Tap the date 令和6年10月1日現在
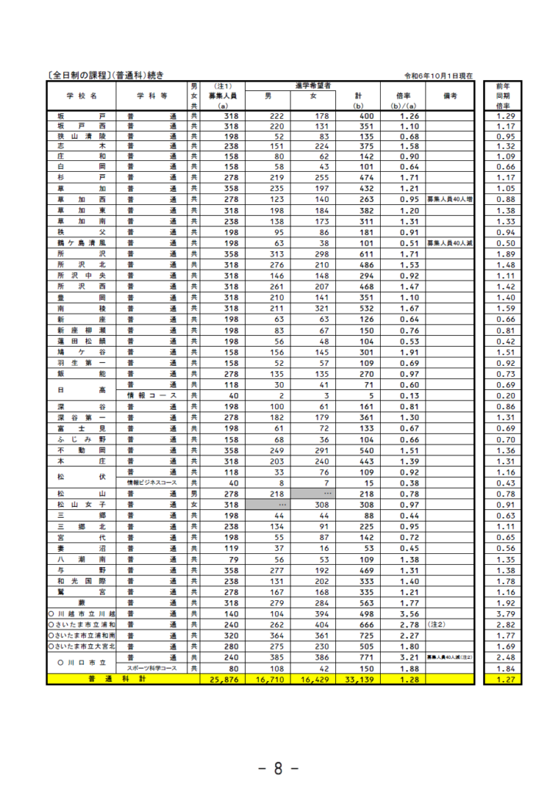[x=438, y=76]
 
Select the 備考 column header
[x=450, y=96]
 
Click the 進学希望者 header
[x=313, y=85]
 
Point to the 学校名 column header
[x=81, y=96]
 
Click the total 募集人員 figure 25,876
[x=222, y=679]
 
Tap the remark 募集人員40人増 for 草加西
[x=450, y=199]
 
